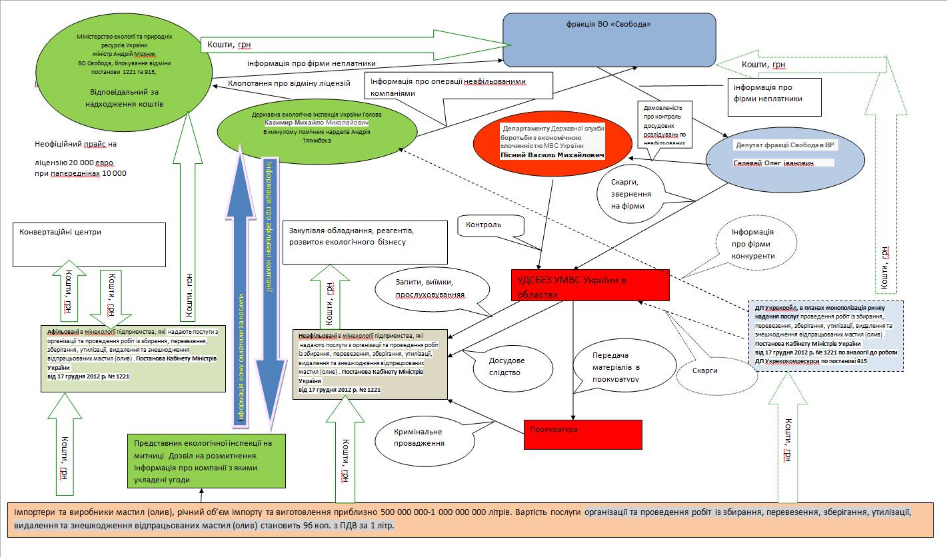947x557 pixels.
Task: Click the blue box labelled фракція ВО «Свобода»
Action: tap(609, 40)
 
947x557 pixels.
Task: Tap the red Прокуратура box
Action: tap(582, 434)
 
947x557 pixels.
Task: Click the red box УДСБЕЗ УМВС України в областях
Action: tap(589, 285)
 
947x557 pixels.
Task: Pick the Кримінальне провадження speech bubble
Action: tap(421, 438)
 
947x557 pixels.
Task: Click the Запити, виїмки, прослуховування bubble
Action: tap(431, 288)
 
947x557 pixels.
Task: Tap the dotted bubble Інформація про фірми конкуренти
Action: tap(752, 243)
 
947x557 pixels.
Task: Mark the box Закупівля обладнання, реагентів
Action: tap(364, 241)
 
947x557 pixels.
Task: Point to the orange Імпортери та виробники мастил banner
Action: tap(469, 520)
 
